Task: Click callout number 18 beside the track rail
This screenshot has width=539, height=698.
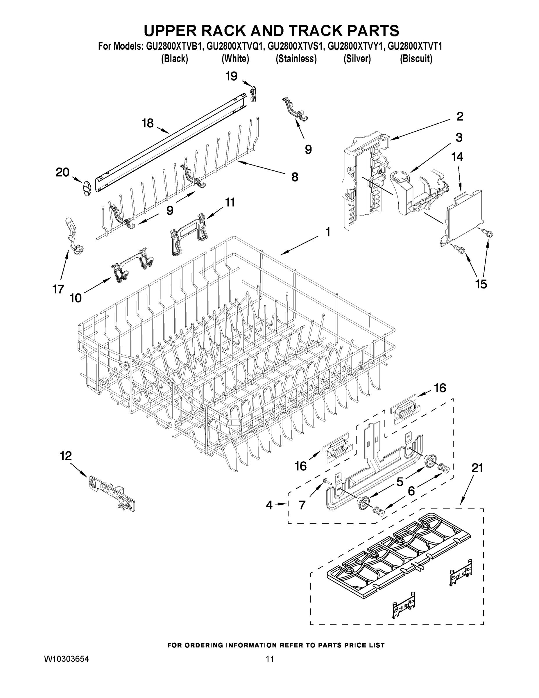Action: coord(148,123)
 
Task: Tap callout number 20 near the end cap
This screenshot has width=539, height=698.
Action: coord(62,172)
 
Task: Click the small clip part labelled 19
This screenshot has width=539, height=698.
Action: coord(253,93)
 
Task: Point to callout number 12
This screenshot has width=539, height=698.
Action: coord(66,456)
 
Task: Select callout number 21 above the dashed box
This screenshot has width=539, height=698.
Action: coord(477,468)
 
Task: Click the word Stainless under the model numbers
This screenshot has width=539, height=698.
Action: coord(296,59)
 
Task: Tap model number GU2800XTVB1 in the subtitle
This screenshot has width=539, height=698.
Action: coord(174,47)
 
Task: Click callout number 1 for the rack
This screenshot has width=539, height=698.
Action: coord(328,232)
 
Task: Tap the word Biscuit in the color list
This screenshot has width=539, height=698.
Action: coord(416,59)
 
